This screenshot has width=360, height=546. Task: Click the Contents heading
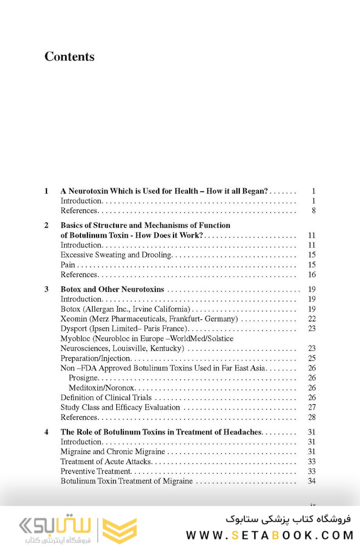pos(69,56)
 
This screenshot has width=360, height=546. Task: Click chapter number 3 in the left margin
pos(47,289)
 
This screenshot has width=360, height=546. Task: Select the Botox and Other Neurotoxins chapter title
pos(112,289)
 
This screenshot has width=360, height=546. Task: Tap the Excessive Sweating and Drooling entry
pos(116,255)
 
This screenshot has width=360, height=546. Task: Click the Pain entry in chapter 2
pos(68,265)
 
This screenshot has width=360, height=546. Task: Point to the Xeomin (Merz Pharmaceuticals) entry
pos(149,319)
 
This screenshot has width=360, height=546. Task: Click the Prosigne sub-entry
pos(83,377)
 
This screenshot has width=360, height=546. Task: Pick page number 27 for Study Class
pos(311,407)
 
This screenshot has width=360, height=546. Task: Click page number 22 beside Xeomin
pos(311,319)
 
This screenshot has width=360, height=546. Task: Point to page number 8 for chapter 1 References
pos(313,211)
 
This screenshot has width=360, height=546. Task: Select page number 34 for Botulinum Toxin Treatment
pos(311,481)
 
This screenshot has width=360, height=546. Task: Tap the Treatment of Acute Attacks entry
pos(106,461)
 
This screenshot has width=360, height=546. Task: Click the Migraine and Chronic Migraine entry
pos(113,451)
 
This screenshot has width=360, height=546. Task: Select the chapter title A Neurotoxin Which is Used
pos(164,191)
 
